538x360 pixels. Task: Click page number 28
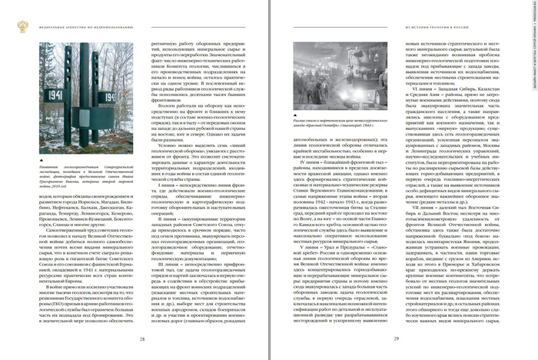pos(141,338)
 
